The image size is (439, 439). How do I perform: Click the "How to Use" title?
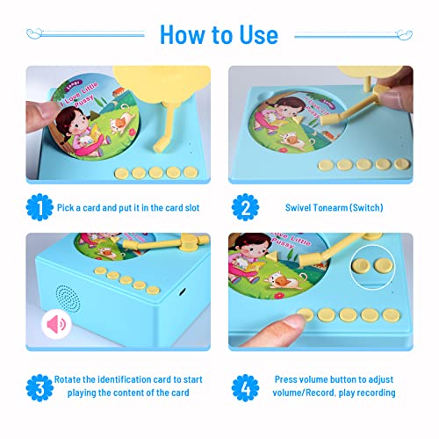coord(219,33)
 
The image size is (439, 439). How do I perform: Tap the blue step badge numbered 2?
coord(245,209)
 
